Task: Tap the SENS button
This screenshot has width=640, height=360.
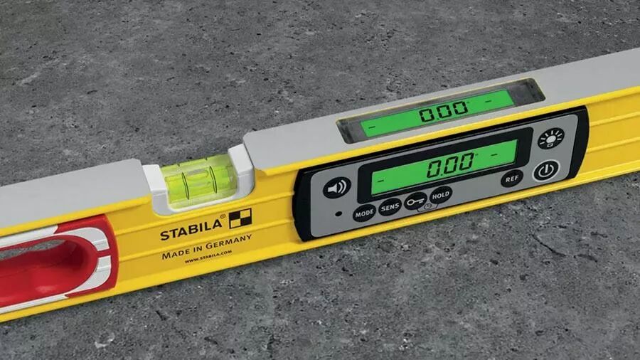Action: click(x=390, y=208)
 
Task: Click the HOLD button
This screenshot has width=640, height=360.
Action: click(x=440, y=196)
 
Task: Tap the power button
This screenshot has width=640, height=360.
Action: click(x=545, y=171)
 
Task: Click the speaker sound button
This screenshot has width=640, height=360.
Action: click(x=337, y=188)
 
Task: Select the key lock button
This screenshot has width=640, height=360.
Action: click(x=416, y=201)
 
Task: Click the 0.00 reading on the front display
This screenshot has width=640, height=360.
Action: click(x=450, y=164)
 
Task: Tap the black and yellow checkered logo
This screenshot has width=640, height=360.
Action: click(x=240, y=218)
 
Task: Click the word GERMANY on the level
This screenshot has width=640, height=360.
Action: click(x=228, y=243)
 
